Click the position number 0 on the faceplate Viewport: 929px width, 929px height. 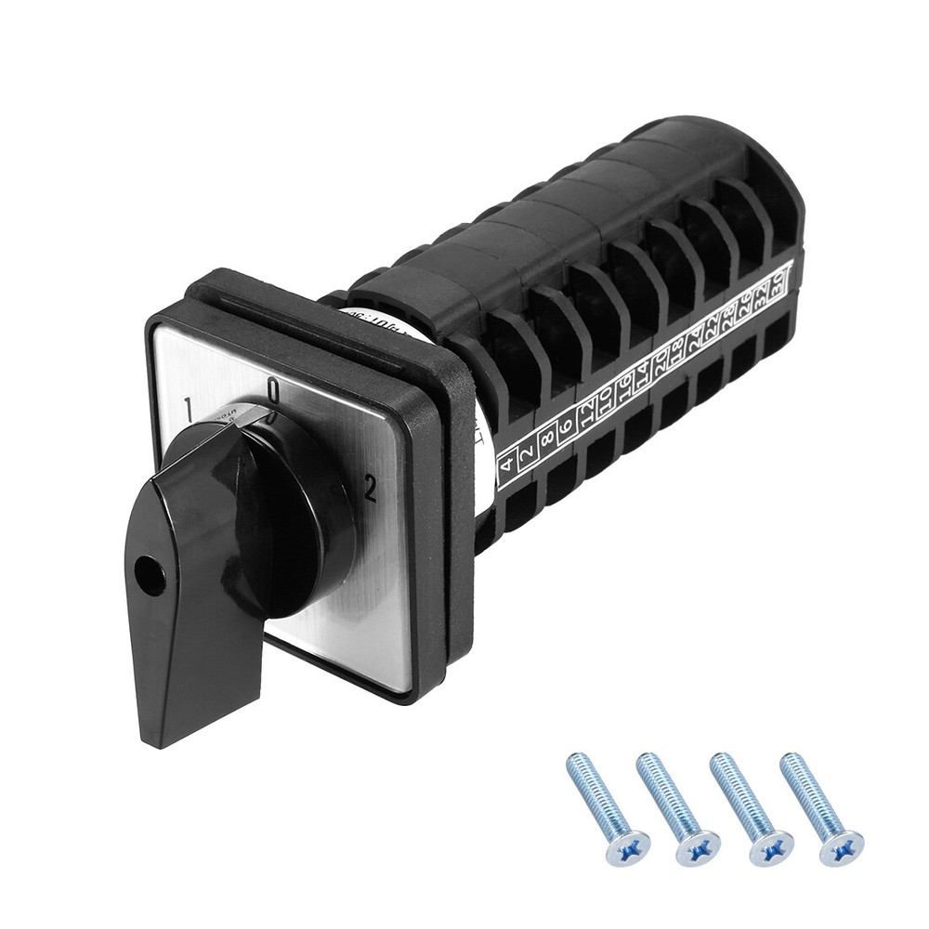(273, 390)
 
